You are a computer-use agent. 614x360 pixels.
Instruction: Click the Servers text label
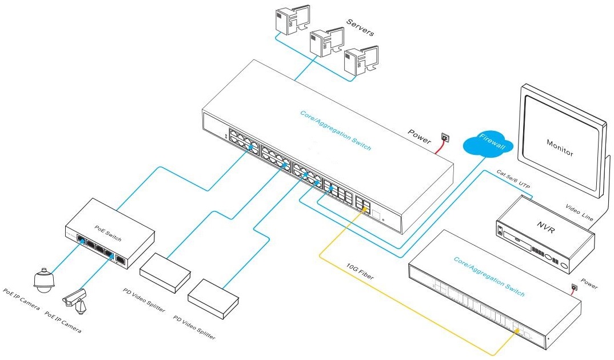360,27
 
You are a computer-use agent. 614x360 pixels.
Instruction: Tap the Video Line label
579,213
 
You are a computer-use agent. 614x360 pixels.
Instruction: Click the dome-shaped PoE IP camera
42,278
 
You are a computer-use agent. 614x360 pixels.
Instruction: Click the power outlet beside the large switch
445,138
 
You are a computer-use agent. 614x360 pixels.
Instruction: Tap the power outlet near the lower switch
573,286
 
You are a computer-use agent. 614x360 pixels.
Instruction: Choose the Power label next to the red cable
419,137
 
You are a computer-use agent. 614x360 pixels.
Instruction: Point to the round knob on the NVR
563,265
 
